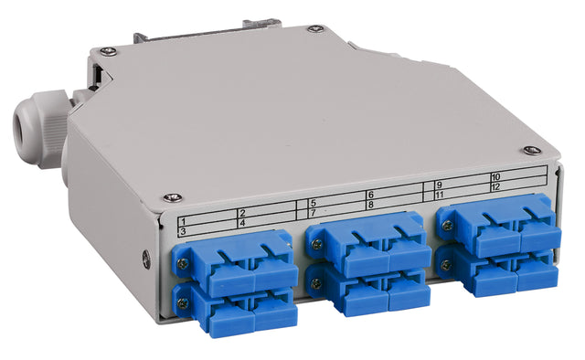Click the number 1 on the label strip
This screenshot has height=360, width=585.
[x=183, y=222]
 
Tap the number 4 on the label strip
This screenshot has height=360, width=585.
[x=242, y=222]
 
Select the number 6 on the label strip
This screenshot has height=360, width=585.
[x=371, y=195]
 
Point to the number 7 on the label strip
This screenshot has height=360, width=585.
[x=313, y=212]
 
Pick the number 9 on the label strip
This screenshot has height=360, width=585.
[x=439, y=185]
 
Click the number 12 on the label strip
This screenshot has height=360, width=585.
[x=495, y=186]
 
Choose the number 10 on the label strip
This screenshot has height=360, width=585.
[x=495, y=176]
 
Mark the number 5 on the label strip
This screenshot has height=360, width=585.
[x=313, y=203]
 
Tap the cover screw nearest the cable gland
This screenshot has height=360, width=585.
[x=108, y=50]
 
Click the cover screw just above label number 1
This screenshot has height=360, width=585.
[x=171, y=196]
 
